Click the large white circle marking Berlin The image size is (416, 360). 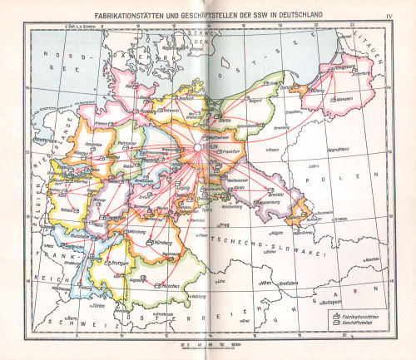[197, 146]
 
